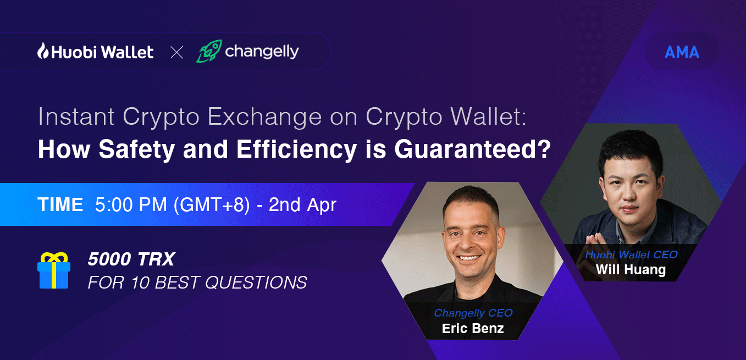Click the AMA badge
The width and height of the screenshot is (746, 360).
pos(682,52)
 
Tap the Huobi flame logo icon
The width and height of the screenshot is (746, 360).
pos(43,51)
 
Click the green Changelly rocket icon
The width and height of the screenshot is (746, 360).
pos(208,51)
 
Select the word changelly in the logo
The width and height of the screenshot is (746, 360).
pos(262,52)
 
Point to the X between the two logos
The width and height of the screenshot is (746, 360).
pos(176,53)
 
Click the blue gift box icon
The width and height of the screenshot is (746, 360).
pos(53,271)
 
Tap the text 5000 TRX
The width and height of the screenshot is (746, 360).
pos(131,259)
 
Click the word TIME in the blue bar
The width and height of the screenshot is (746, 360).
pos(60,204)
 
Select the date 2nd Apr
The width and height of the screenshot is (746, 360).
pos(302,204)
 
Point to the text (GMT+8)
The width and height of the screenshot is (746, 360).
pos(212,204)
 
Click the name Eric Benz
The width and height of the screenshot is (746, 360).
pos(473,329)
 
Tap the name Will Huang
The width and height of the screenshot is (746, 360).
pos(631,269)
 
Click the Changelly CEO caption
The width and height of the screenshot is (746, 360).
pos(473,313)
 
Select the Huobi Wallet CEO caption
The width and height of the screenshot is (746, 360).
pos(631,254)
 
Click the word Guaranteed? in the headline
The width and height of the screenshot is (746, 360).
pos(473,149)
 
